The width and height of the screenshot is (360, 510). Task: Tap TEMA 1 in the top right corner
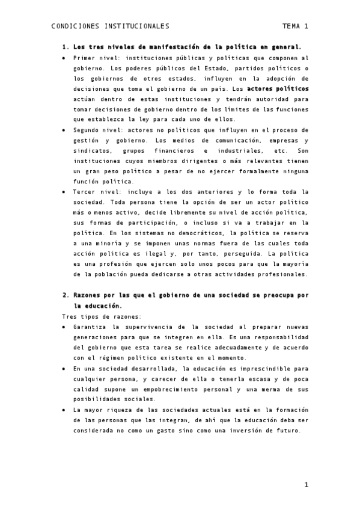pyautogui.click(x=294, y=26)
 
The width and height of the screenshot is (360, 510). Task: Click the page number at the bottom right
pyautogui.click(x=306, y=485)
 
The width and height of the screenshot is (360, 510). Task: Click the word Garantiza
pyautogui.click(x=90, y=327)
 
